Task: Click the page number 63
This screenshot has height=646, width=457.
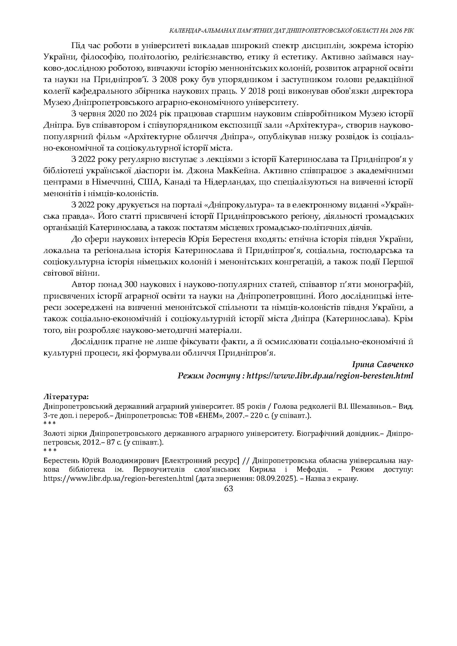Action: (x=229, y=489)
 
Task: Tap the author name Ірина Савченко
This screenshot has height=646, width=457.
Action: (x=383, y=365)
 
